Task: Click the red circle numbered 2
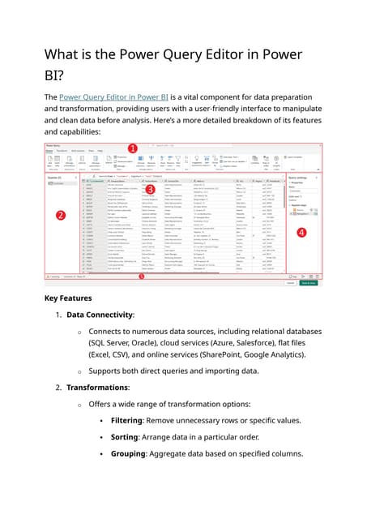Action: pos(61,216)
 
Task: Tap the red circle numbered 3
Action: pos(149,188)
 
